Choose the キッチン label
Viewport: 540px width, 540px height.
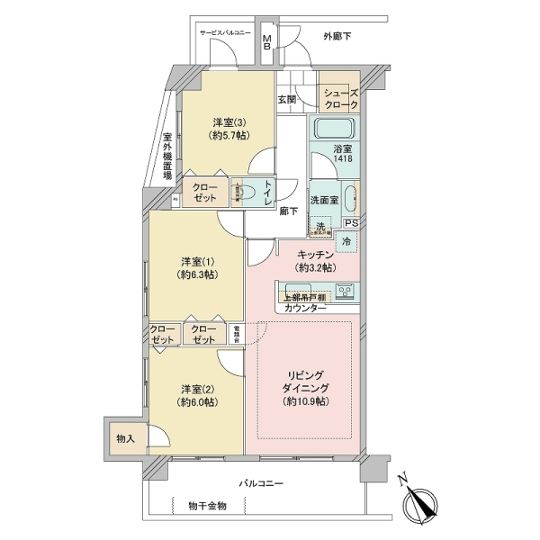point(316,261)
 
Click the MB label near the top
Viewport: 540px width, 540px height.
point(267,42)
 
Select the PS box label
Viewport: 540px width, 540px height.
point(351,224)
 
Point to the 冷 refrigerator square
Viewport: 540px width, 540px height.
point(346,241)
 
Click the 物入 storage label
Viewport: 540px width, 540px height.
point(126,439)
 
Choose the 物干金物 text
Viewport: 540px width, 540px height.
point(208,506)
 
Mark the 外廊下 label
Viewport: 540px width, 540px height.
point(337,36)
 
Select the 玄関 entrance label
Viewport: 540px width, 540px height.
point(286,99)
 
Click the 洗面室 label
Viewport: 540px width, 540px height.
point(324,199)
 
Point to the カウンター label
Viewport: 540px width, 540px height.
point(306,309)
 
